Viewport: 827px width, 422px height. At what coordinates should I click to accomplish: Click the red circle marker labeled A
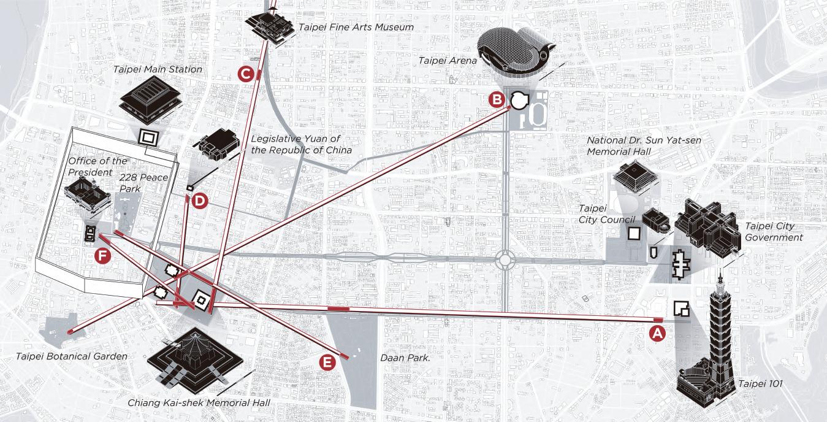[x=657, y=334]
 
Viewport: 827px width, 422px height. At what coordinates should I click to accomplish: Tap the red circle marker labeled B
[x=497, y=99]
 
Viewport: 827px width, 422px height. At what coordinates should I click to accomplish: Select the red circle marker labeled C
[x=246, y=74]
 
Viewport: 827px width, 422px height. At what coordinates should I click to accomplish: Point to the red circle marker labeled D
[x=200, y=201]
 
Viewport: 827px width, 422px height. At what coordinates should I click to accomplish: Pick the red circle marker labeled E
[x=328, y=362]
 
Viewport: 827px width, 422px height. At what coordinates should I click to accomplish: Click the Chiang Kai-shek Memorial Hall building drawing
[x=192, y=361]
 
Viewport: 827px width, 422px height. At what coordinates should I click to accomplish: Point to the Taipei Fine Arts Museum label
[x=356, y=27]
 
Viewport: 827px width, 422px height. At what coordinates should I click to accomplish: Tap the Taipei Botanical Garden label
[x=72, y=356]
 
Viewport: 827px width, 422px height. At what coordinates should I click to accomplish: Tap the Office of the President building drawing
[x=88, y=196]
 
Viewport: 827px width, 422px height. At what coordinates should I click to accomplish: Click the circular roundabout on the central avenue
[x=505, y=259]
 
